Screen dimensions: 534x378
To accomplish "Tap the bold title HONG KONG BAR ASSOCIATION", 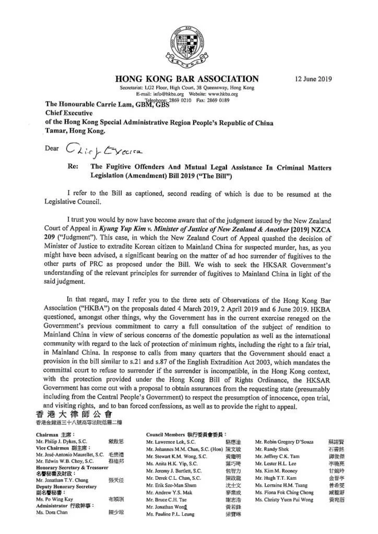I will (187, 79).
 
